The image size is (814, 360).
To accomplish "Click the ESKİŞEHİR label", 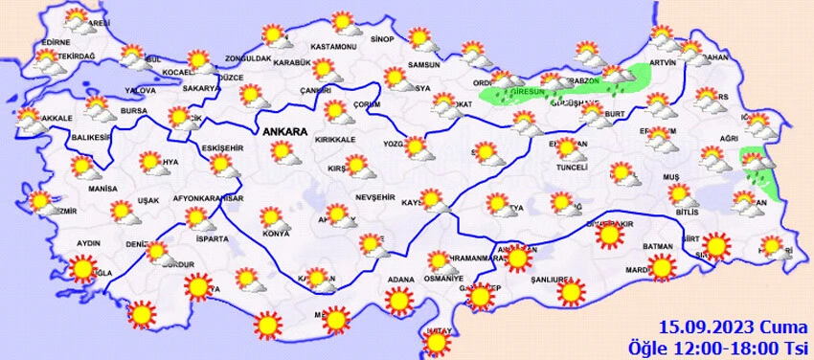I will click(222, 147).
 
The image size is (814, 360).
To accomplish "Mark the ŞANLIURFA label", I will click(556, 281).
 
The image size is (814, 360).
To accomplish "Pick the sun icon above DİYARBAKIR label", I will click(606, 235).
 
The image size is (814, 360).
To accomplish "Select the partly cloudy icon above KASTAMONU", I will click(341, 24).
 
